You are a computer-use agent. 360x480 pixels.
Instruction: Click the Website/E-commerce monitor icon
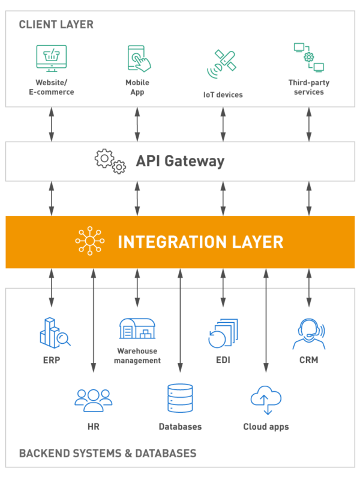pyautogui.click(x=50, y=59)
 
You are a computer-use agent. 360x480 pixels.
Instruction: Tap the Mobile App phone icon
pyautogui.click(x=138, y=59)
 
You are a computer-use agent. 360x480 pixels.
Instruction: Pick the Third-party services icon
pyautogui.click(x=308, y=58)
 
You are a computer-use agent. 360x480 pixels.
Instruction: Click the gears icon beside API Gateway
pyautogui.click(x=110, y=161)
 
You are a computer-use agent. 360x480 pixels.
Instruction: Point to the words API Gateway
pyautogui.click(x=180, y=161)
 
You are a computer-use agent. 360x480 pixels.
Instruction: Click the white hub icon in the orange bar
pyautogui.click(x=89, y=241)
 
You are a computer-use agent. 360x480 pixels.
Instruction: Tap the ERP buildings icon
pyautogui.click(x=54, y=331)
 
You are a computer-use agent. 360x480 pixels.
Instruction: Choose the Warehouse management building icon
pyautogui.click(x=137, y=329)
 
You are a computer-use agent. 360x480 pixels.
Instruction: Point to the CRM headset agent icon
pyautogui.click(x=308, y=334)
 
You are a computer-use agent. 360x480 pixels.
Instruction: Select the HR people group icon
pyautogui.click(x=93, y=399)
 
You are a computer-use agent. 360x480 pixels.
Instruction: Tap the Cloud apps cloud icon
pyautogui.click(x=266, y=399)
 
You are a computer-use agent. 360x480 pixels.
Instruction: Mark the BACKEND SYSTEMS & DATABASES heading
pyautogui.click(x=107, y=453)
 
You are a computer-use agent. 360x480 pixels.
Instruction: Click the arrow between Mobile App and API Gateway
pyautogui.click(x=137, y=125)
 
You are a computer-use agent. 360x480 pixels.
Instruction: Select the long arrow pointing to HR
pyautogui.click(x=94, y=321)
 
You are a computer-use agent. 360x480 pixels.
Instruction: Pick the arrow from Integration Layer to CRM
pyautogui.click(x=309, y=291)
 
